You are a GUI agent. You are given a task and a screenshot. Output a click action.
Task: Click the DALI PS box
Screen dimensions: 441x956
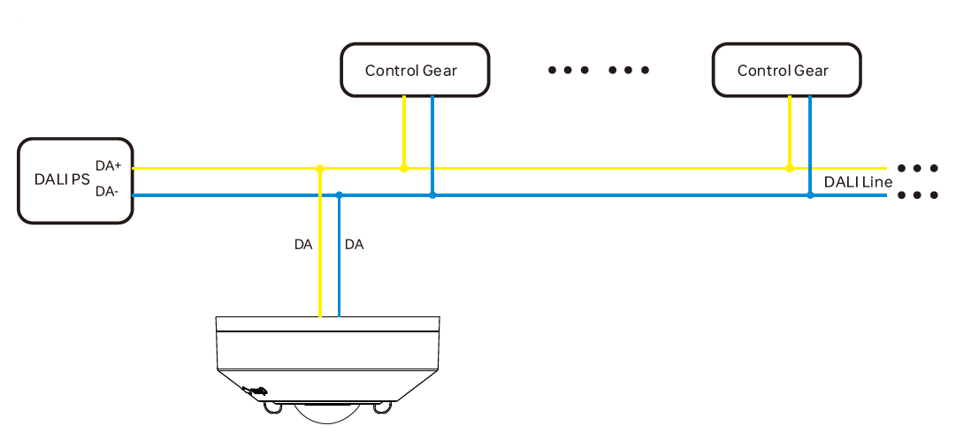(x=75, y=179)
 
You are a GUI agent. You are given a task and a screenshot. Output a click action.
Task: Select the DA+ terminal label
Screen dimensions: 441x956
(x=108, y=165)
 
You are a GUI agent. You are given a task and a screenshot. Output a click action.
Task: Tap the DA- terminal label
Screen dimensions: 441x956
(x=107, y=191)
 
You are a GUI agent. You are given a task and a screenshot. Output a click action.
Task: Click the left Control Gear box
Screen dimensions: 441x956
(x=414, y=70)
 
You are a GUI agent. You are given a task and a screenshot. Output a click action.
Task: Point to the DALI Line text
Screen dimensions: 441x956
(x=858, y=182)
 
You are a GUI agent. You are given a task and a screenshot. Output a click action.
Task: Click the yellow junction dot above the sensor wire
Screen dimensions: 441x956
(x=320, y=168)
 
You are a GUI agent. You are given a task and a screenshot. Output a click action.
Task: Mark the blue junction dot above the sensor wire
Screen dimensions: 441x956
(x=340, y=194)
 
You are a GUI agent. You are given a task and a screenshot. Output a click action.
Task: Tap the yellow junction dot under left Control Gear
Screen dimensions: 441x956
(x=404, y=168)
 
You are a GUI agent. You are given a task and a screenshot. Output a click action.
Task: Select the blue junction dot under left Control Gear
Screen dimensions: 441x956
(x=432, y=194)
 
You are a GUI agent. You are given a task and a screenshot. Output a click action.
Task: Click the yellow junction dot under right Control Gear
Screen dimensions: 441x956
(x=790, y=168)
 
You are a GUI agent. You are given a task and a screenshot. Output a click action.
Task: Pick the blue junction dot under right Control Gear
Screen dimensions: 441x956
(x=810, y=194)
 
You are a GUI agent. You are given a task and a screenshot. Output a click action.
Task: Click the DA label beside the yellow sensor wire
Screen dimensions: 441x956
(x=303, y=245)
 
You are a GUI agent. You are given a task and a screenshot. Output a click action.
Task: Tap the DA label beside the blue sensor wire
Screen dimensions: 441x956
(x=354, y=245)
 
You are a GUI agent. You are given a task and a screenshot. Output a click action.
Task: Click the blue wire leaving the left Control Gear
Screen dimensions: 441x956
(x=432, y=141)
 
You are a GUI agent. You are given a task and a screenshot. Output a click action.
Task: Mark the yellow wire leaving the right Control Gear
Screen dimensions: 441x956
(x=790, y=133)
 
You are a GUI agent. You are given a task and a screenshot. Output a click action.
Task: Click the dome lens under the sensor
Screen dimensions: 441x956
(x=327, y=412)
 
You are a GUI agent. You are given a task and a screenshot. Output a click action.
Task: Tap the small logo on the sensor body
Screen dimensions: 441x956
(x=256, y=390)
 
